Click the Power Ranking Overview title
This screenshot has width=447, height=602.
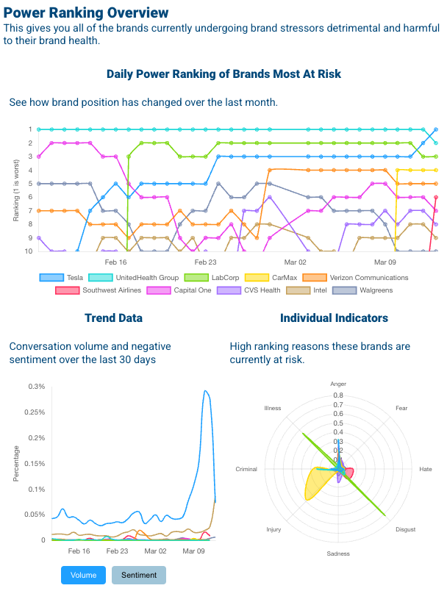pos(86,12)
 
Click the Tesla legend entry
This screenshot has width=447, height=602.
pos(62,277)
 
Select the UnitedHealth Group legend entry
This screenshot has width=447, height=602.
pos(133,277)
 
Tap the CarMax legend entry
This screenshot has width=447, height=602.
pos(273,277)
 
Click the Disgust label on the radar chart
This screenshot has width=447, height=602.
pos(405,529)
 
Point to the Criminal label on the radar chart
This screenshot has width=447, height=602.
pos(246,469)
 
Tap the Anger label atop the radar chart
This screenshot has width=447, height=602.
pos(338,384)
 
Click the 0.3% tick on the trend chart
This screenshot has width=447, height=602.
pos(36,387)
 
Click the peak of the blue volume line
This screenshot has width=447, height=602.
pos(205,390)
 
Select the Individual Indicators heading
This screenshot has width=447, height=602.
pos(334,318)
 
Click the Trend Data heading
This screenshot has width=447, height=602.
pos(113,318)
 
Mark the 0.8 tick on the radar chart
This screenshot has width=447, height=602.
pos(338,395)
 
